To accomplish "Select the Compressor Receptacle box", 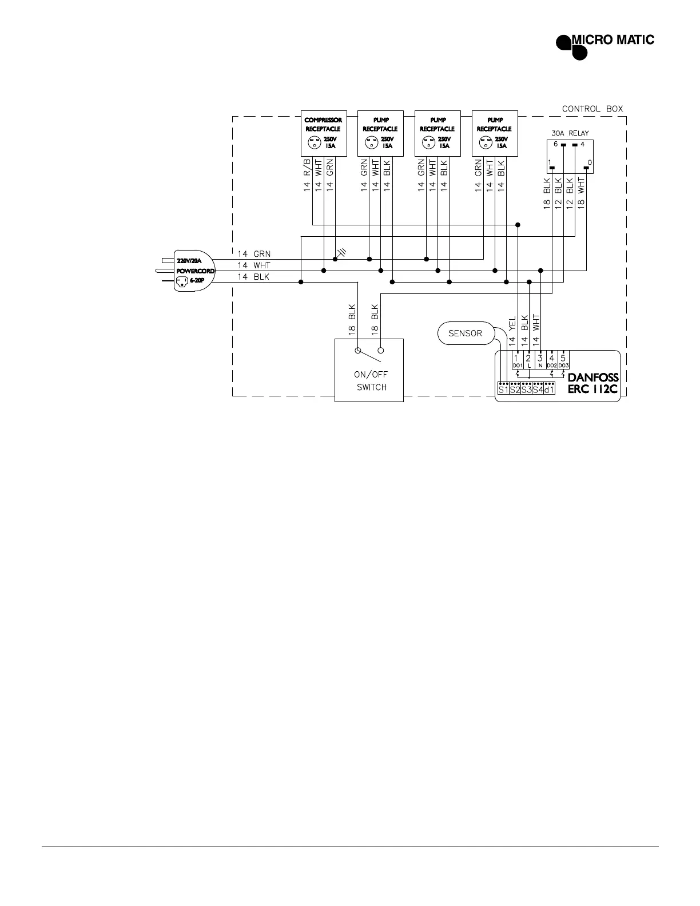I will (x=323, y=133).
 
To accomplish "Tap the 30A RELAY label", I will (x=570, y=133).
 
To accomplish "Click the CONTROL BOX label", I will (x=592, y=109).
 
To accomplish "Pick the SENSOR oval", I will (x=465, y=333).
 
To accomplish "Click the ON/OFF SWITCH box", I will (x=369, y=370).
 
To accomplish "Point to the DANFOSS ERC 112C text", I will (x=593, y=384).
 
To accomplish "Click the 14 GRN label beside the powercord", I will (x=254, y=253).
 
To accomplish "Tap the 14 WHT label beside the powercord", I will (x=254, y=265).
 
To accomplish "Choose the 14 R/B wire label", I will (x=307, y=175).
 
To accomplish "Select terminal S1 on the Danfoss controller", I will (x=503, y=390).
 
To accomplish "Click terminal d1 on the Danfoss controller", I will (x=549, y=390).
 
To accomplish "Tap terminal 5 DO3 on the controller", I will (x=563, y=361).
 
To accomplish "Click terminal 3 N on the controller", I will (x=540, y=361).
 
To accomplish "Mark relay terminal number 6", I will (x=555, y=144).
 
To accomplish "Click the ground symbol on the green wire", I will (x=342, y=252).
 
